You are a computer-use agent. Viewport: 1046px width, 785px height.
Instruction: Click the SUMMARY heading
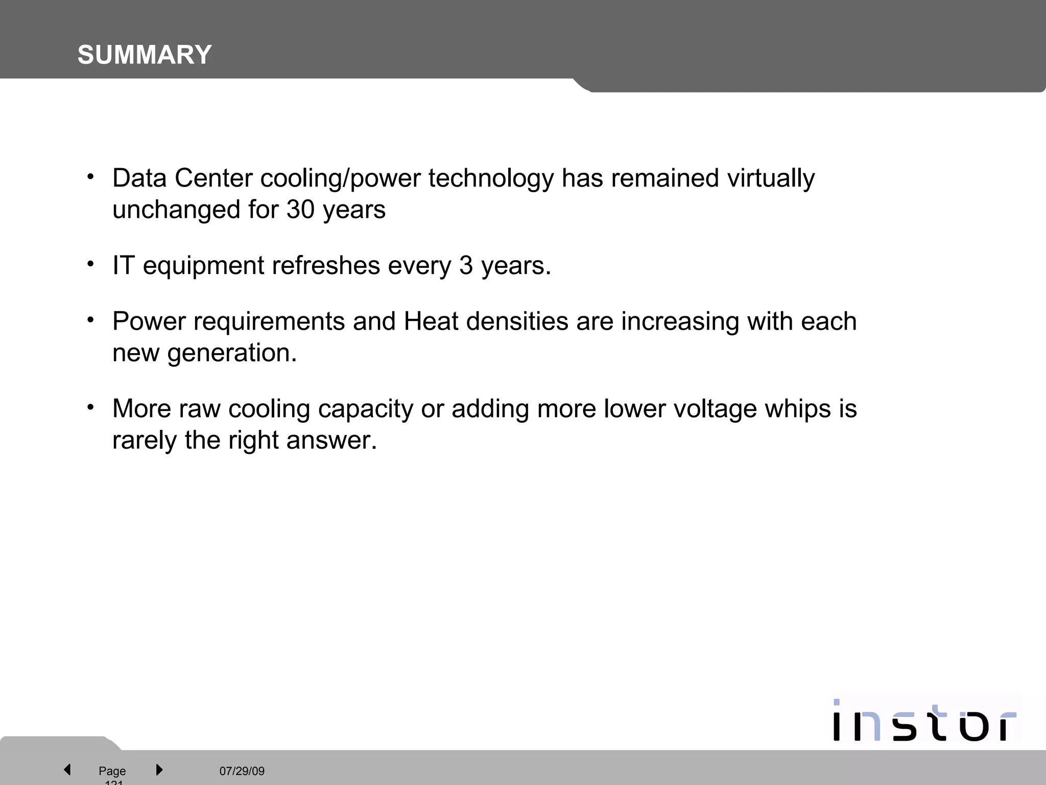click(x=145, y=55)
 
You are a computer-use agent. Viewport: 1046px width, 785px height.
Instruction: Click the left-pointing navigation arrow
click(x=67, y=769)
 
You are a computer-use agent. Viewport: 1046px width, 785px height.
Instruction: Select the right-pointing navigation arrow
click(x=159, y=769)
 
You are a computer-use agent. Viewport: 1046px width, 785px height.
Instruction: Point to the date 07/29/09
click(x=242, y=771)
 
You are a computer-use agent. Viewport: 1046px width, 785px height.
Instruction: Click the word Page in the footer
click(x=112, y=771)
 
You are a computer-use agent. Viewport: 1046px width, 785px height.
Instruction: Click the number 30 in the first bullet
click(x=300, y=210)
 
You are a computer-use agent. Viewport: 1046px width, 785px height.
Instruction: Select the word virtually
click(x=771, y=179)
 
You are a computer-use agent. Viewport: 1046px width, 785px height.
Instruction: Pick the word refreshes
click(x=326, y=266)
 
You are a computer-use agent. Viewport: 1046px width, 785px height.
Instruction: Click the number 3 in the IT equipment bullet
click(x=466, y=266)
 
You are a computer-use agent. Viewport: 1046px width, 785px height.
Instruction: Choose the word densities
click(x=517, y=321)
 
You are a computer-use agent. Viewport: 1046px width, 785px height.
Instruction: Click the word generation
click(x=232, y=353)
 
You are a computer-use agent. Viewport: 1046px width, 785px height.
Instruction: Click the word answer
click(x=331, y=441)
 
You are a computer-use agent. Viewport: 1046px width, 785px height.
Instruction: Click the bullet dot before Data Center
click(x=90, y=177)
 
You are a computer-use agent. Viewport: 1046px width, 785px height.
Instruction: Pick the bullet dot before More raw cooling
click(x=90, y=407)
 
